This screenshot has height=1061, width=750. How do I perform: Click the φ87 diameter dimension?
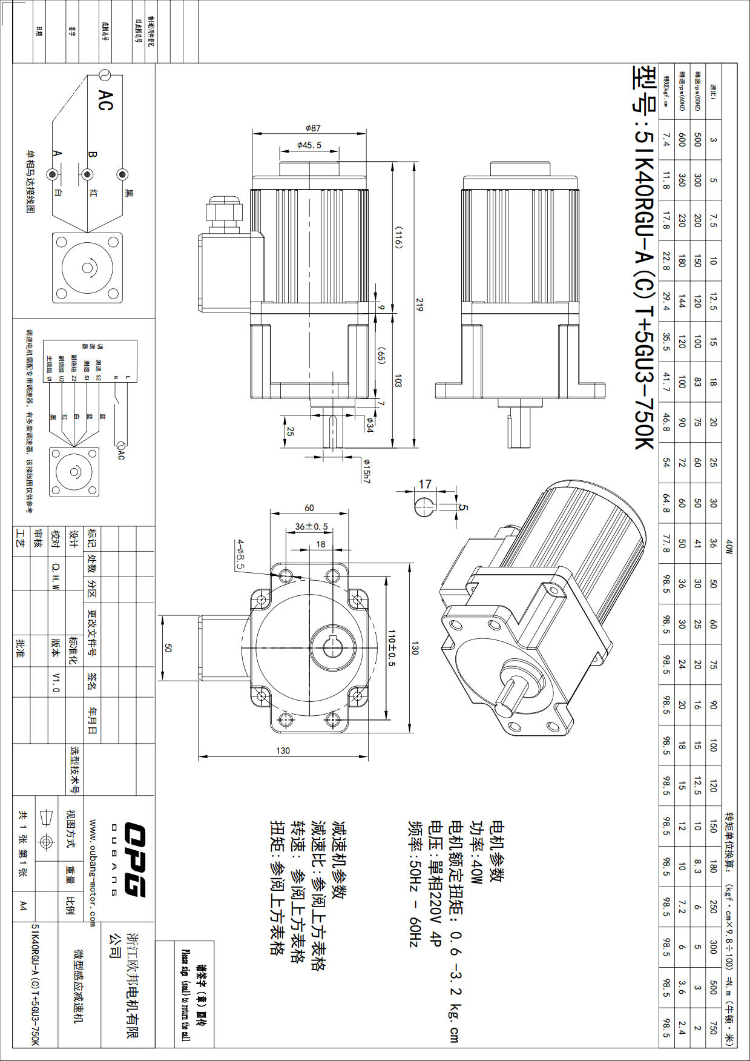pos(313,128)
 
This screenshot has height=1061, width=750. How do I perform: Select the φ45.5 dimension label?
pos(309,145)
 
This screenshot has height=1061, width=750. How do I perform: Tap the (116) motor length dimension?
pos(398,237)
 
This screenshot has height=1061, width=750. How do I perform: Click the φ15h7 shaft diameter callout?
pos(366,471)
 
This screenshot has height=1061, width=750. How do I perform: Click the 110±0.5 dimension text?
pos(392,648)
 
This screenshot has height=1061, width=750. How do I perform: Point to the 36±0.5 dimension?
pos(311,526)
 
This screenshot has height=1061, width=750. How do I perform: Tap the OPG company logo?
pos(134,859)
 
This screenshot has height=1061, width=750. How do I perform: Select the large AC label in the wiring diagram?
pos(105,101)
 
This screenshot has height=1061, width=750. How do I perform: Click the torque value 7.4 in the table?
pos(666,140)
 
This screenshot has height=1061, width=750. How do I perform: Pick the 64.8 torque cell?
pos(666,503)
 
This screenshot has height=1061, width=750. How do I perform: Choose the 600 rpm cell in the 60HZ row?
pos(682,140)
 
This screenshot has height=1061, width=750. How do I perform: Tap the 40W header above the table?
pos(729,547)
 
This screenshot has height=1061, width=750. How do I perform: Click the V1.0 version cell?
pos(56,681)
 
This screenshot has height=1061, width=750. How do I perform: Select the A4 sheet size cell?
pos(22,905)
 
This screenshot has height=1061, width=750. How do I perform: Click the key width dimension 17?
pos(426,484)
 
